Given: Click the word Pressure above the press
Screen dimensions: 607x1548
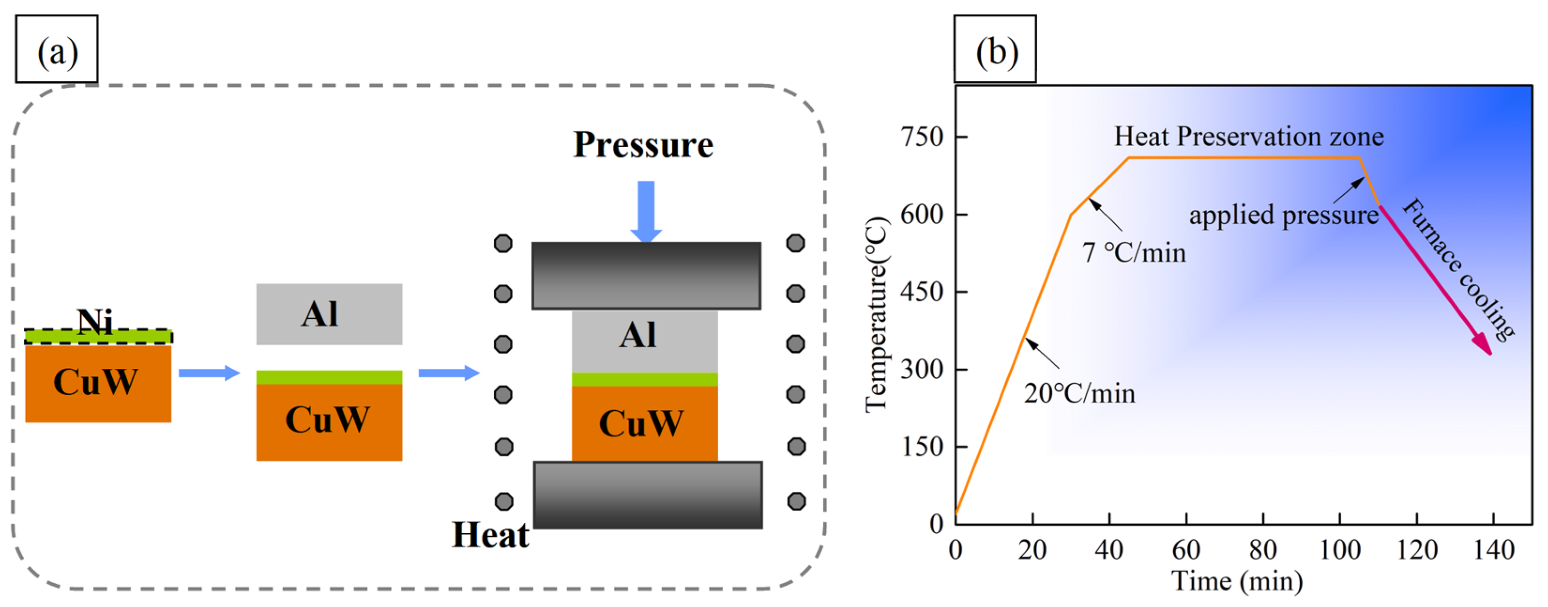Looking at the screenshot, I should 643,145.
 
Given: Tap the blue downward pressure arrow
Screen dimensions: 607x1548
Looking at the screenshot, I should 646,210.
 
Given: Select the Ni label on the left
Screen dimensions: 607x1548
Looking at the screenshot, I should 95,321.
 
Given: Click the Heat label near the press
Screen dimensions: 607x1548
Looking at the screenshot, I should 490,534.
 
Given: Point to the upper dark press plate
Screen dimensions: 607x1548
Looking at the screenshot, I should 646,275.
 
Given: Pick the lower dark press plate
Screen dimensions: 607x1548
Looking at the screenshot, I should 648,494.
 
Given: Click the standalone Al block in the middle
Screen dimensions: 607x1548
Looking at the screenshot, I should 329,314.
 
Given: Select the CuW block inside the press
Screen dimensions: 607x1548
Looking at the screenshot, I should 644,423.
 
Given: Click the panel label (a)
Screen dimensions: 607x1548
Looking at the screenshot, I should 57,50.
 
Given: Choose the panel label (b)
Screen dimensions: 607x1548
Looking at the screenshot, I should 996,50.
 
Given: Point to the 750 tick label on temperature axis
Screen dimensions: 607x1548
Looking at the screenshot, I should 922,137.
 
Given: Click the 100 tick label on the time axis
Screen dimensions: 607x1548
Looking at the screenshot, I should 1340,549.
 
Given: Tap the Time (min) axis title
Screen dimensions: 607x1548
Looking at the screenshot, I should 1237,581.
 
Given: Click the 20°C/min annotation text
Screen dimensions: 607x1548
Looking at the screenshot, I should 1080,394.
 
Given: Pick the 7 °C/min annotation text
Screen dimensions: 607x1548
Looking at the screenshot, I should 1134,252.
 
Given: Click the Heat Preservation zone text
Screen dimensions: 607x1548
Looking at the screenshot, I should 1249,137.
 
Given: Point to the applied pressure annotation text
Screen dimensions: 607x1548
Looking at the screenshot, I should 1283,215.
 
